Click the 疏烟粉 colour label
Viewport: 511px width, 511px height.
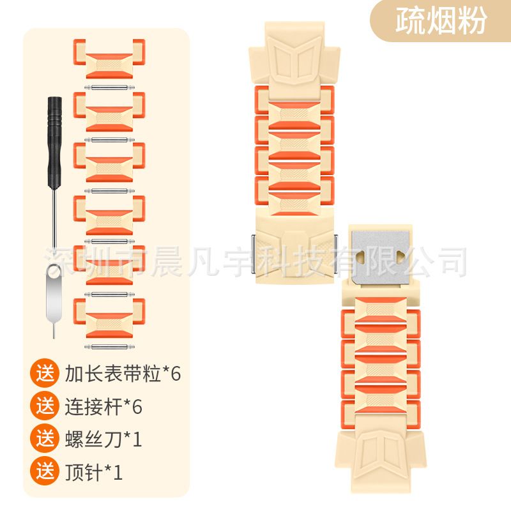click(441, 21)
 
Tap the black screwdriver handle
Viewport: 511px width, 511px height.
click(55, 142)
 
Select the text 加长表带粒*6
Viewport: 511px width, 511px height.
click(123, 374)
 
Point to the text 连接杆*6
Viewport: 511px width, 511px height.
click(103, 406)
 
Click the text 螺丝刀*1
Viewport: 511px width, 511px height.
click(103, 439)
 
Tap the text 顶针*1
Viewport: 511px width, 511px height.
click(94, 472)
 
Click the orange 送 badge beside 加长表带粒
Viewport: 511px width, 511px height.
click(45, 373)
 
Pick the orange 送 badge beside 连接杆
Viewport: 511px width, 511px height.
click(45, 406)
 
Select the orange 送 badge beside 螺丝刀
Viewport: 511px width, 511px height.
click(45, 439)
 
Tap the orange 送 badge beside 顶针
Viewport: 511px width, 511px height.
click(45, 471)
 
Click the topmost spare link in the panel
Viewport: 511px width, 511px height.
click(109, 59)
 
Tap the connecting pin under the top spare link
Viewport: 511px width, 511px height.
click(109, 88)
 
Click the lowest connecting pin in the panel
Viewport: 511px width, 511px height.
click(109, 347)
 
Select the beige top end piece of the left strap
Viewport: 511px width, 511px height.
click(294, 60)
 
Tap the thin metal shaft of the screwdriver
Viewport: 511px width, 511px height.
click(54, 218)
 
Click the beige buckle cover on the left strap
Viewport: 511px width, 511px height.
click(294, 246)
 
